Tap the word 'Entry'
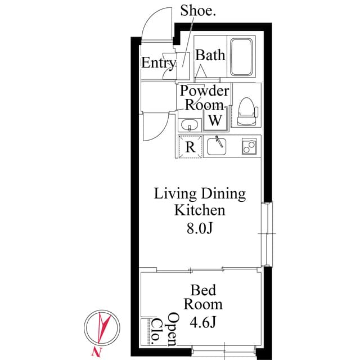(x=158, y=62)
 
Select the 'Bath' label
(x=210, y=55)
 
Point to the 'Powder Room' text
(x=204, y=97)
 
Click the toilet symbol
(x=246, y=111)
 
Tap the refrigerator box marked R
(x=190, y=147)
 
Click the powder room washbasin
(x=190, y=125)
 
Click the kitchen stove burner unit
(x=248, y=146)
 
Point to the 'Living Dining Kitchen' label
(x=200, y=202)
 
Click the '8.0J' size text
(x=200, y=228)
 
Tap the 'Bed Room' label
(x=203, y=298)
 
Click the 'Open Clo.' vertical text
(x=164, y=329)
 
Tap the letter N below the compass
(x=92, y=352)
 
